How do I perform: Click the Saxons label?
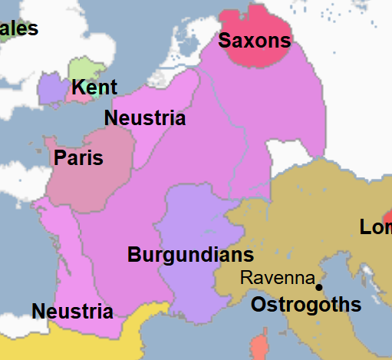254,41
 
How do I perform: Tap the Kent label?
94,87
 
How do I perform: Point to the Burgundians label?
190,254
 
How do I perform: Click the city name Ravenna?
278,277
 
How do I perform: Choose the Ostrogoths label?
306,305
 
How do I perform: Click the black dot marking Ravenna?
319,287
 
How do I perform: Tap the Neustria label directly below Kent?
144,118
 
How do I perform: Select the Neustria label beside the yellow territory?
72,312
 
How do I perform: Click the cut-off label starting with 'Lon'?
376,227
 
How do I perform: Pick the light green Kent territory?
83,68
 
